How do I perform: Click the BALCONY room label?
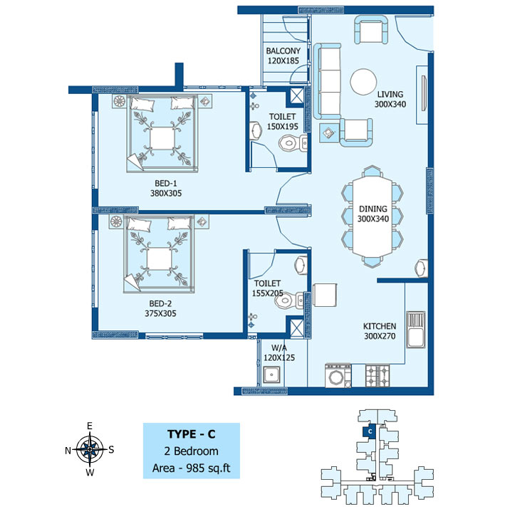283,51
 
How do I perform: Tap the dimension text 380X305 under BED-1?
166,194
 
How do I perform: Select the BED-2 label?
160,303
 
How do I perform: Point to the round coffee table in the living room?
363,82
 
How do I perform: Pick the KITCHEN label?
380,326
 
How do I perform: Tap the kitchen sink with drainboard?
416,330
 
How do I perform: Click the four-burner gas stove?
378,376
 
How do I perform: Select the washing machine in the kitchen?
338,376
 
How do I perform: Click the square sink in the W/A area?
271,374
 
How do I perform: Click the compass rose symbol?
90,448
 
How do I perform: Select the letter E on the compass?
90,426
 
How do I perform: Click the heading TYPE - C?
191,434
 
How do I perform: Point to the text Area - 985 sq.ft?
191,468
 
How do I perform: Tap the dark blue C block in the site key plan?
369,431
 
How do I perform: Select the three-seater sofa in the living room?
327,81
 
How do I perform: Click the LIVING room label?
390,95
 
